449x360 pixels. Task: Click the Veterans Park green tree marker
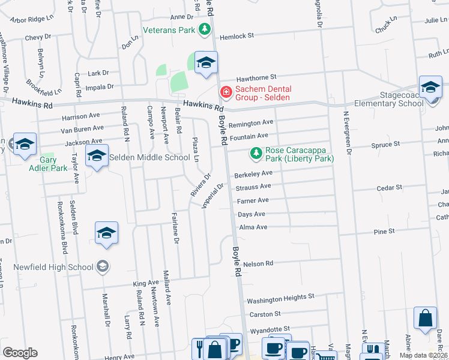pyautogui.click(x=205, y=28)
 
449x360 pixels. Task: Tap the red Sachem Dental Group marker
pyautogui.click(x=226, y=92)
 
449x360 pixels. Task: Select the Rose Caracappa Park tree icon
pyautogui.click(x=256, y=154)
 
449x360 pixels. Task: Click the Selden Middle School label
pyautogui.click(x=149, y=158)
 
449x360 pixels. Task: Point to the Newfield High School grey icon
pyautogui.click(x=102, y=266)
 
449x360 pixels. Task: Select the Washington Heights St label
pyautogui.click(x=280, y=298)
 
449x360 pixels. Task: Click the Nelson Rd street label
pyautogui.click(x=258, y=263)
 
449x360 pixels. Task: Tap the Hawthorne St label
pyautogui.click(x=256, y=77)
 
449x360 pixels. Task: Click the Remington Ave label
pyautogui.click(x=251, y=122)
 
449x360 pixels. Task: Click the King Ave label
pyautogui.click(x=146, y=283)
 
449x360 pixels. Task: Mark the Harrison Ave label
pyautogui.click(x=80, y=116)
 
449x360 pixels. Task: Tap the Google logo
pyautogui.click(x=20, y=352)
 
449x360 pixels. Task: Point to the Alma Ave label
pyautogui.click(x=253, y=227)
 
